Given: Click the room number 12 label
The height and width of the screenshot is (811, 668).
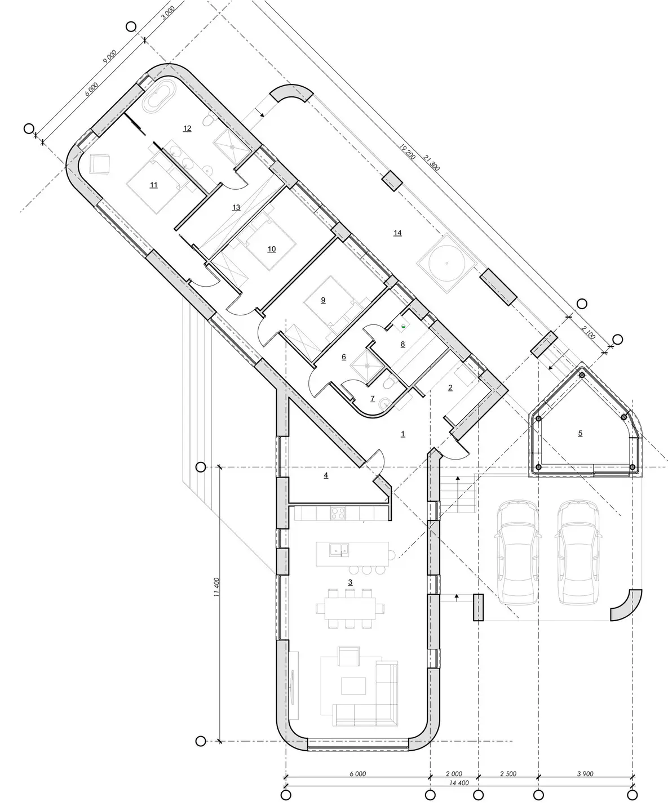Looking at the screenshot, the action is [187, 128].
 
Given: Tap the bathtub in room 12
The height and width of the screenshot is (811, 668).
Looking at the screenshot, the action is [160, 96].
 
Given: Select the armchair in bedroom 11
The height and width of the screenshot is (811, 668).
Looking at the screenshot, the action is [99, 164].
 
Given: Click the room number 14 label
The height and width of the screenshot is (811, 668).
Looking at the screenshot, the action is [398, 233].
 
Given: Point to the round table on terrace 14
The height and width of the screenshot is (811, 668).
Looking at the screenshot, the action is [446, 264].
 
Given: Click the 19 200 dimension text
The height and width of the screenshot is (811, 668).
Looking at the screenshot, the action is [408, 152].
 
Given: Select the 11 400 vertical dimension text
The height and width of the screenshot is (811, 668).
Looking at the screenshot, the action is [216, 587].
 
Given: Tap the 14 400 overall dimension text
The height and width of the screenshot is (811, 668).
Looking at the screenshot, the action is [459, 782].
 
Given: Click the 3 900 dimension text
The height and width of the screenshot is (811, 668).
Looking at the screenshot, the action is [585, 774].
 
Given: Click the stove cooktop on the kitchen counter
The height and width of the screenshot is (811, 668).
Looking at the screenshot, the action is [338, 513].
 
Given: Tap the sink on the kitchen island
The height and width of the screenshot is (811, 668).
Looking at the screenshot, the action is [339, 550].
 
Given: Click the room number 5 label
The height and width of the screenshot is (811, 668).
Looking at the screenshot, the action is [580, 434].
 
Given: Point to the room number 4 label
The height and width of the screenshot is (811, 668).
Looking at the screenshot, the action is [326, 475].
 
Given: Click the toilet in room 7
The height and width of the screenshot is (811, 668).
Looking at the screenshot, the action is [390, 382].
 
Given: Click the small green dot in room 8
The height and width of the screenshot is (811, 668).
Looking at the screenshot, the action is [403, 326].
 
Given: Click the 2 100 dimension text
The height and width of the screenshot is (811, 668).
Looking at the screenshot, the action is [588, 333].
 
